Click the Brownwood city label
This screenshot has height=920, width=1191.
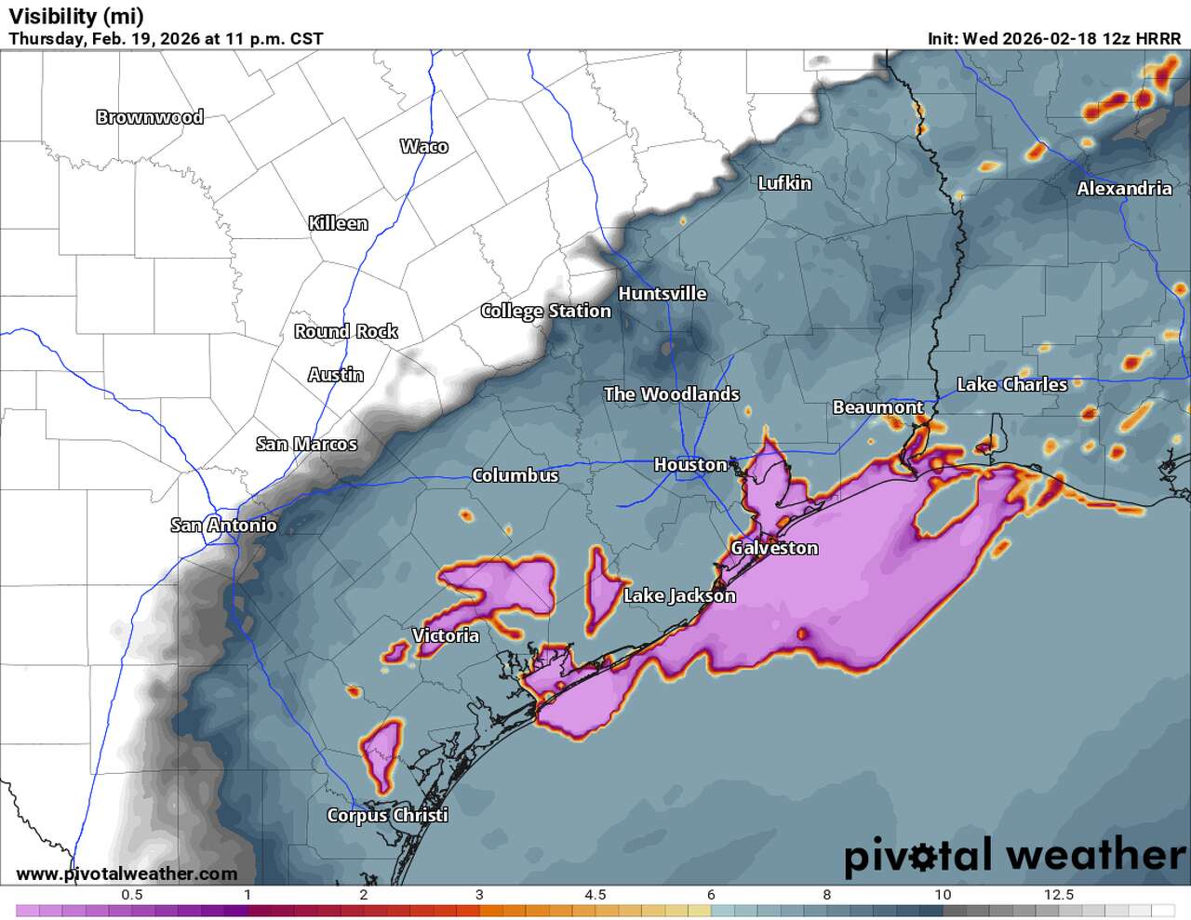pos(150,117)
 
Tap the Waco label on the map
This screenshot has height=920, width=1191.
pos(424,146)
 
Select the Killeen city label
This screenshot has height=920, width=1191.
pos(338,223)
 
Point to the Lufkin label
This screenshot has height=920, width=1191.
pos(784,183)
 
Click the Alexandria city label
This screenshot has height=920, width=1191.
pos(1124,189)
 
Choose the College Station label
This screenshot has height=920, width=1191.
pos(545,311)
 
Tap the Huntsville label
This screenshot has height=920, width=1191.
pos(662,294)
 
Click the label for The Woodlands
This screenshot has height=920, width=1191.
pos(671,394)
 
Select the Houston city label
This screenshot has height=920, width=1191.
pos(690,464)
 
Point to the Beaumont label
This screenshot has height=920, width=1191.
pos(877,407)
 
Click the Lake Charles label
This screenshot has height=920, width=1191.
pos(1012,384)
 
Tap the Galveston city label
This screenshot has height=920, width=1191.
pos(774,548)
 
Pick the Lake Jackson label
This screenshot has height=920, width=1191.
pos(679,595)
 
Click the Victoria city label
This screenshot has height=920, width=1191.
pos(446,635)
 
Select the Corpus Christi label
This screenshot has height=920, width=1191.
pos(387,815)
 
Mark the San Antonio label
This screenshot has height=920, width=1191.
pos(223,526)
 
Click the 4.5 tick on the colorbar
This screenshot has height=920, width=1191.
pos(595,895)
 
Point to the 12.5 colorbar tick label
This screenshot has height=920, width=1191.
pos(1059,895)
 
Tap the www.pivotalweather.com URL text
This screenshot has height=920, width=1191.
pos(127,873)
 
